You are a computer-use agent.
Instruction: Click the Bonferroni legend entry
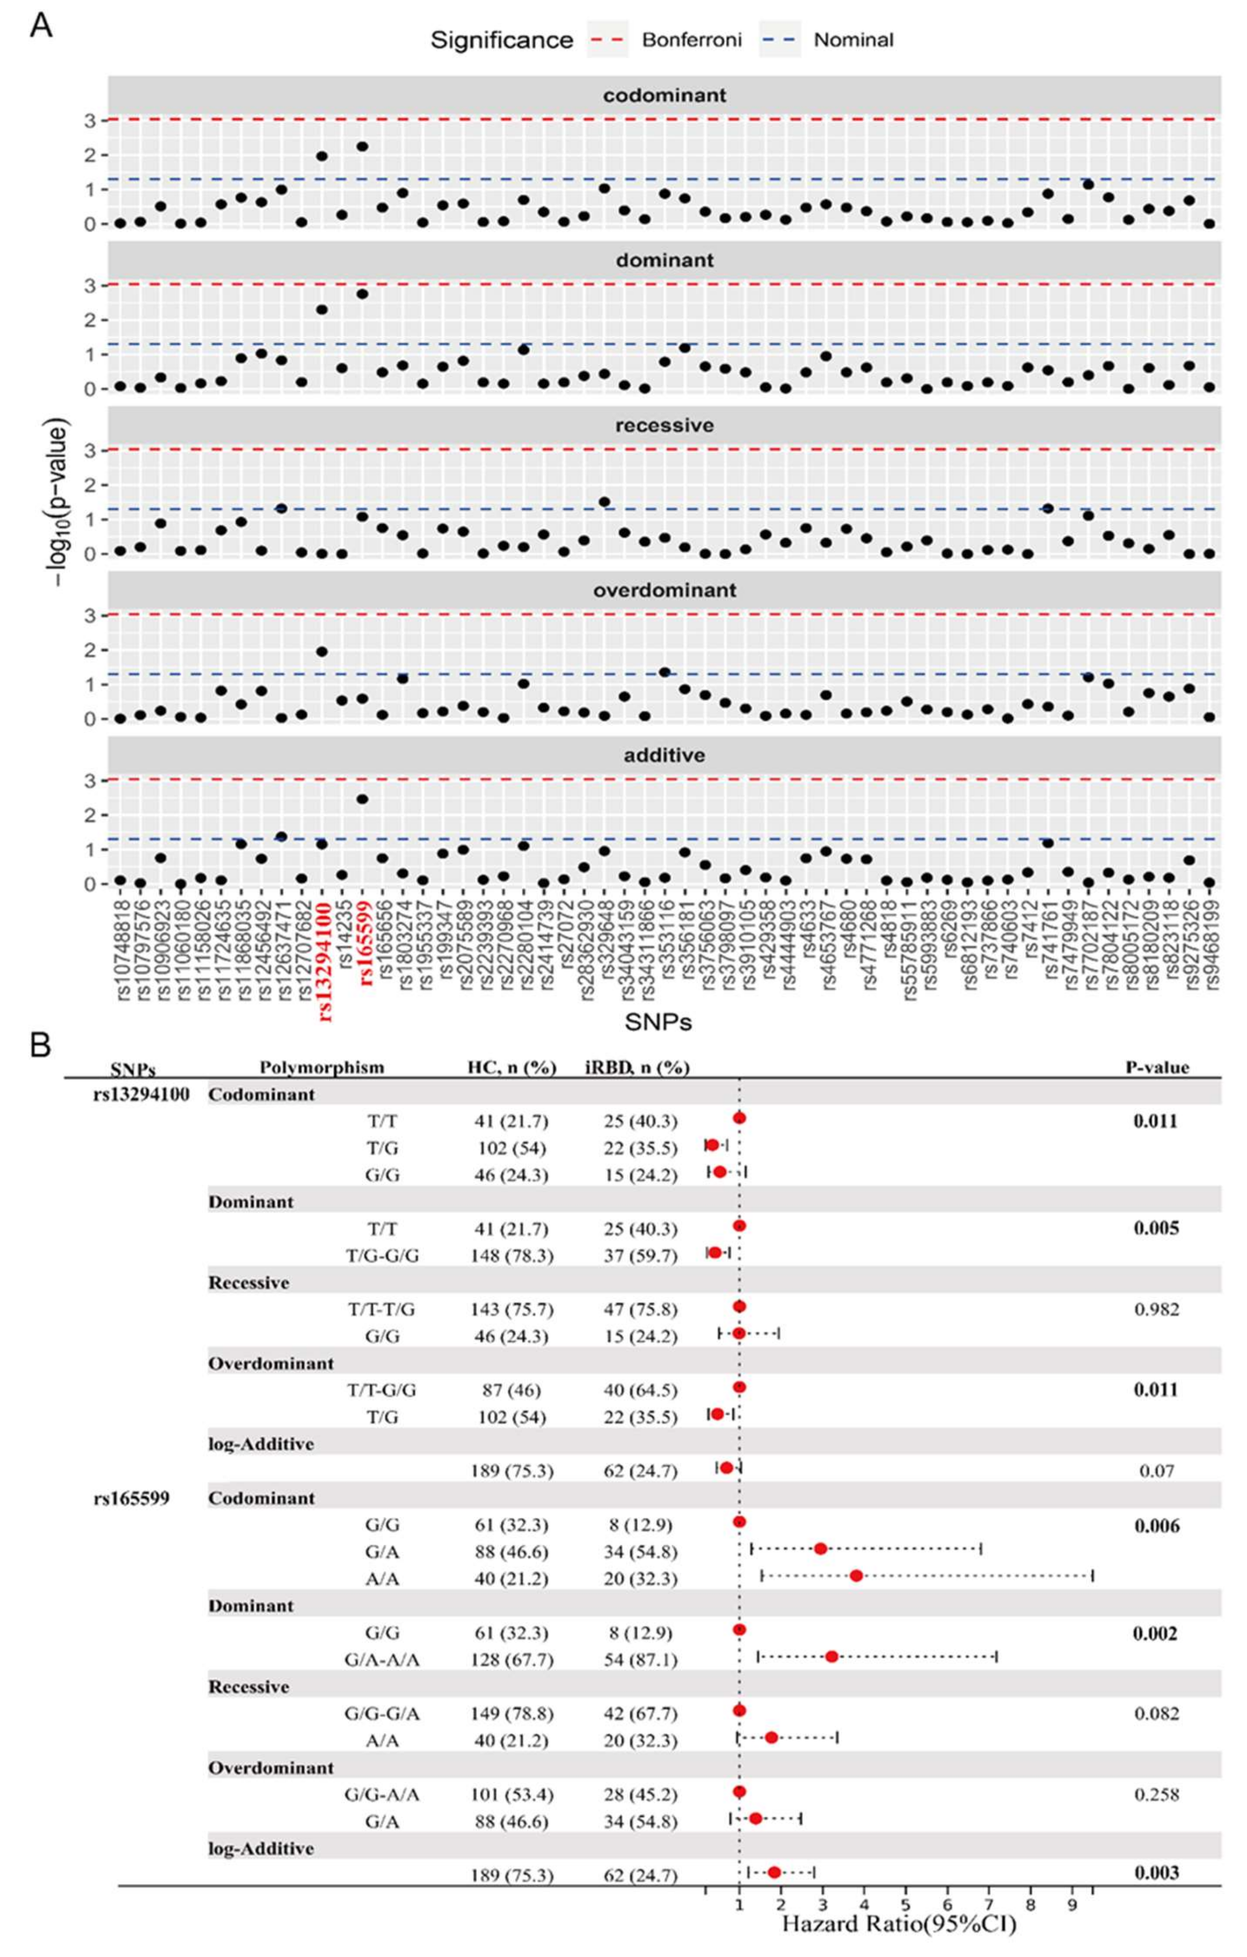665,40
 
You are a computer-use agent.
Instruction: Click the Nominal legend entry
827,40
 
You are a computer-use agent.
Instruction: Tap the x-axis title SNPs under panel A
658,1022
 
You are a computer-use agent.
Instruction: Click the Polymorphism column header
322,1067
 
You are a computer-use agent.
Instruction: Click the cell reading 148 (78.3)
512,1255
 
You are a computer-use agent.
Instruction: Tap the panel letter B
41,1046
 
